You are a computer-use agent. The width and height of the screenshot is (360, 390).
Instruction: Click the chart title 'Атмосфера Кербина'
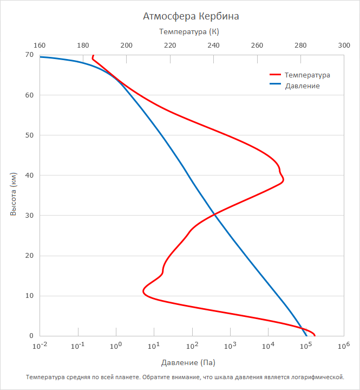191,16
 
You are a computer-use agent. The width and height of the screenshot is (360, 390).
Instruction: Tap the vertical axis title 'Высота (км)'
14,194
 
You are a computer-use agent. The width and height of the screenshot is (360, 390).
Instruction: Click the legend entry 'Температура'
307,75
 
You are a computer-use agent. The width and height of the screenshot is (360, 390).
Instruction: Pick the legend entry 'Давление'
302,86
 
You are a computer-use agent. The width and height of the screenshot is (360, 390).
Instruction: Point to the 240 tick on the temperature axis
213,46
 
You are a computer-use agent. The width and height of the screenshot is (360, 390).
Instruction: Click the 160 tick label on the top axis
40,46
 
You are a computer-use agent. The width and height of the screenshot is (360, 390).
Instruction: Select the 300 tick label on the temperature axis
344,46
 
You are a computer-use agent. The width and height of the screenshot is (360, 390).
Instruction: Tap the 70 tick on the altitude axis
29,55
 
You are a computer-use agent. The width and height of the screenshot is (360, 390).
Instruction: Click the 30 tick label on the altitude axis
29,215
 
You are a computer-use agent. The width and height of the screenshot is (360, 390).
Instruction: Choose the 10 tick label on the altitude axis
29,296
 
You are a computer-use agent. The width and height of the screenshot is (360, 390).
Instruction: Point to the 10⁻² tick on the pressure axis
40,346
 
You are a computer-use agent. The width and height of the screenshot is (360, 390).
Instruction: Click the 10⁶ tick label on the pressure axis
344,346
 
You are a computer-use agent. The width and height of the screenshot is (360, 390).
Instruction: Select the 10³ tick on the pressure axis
230,346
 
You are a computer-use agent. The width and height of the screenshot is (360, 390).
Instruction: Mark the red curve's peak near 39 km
283,180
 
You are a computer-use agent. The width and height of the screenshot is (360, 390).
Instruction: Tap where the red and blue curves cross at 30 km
215,214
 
